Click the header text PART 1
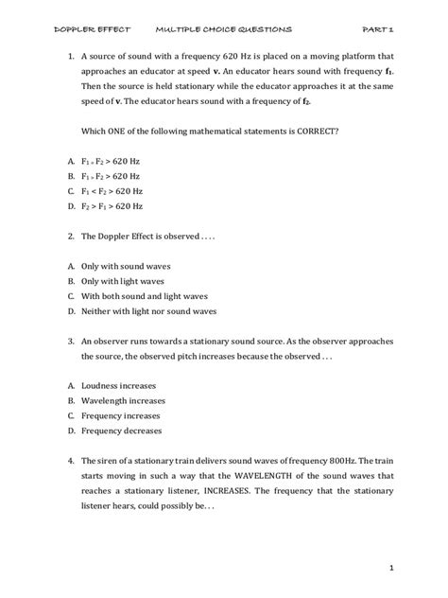coord(392,30)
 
